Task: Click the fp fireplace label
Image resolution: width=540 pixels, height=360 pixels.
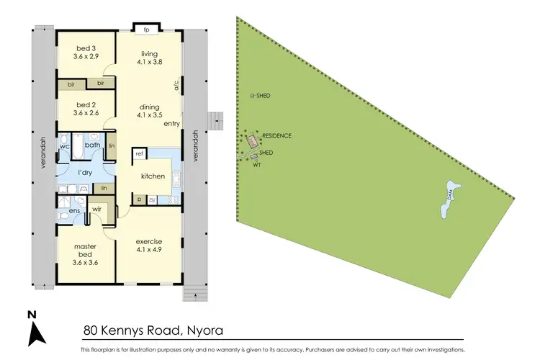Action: click(x=146, y=30)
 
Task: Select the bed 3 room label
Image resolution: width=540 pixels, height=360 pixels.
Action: click(x=86, y=49)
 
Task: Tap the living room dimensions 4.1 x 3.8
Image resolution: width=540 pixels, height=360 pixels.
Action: click(x=150, y=62)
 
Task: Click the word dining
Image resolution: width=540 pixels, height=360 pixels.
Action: click(x=150, y=107)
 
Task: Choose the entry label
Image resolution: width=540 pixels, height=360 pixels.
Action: click(x=171, y=124)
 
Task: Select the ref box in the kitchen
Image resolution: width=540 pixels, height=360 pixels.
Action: click(x=139, y=154)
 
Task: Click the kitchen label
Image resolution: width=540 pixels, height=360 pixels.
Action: click(x=153, y=176)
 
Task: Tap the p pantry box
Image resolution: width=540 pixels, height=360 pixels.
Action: click(x=139, y=199)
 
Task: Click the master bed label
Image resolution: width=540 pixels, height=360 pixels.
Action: click(x=86, y=250)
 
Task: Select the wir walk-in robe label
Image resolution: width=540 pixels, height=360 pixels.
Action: click(x=96, y=210)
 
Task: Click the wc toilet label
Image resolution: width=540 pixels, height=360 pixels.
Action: click(x=64, y=145)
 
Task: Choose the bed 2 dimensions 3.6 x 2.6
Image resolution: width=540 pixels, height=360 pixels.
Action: click(x=86, y=113)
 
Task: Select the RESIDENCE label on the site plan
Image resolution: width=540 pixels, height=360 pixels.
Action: click(x=276, y=135)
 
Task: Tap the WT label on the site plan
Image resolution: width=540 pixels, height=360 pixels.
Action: click(x=257, y=166)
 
